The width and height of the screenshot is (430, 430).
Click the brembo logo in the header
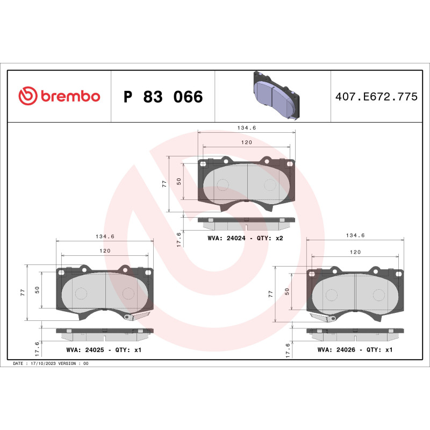point(59,96)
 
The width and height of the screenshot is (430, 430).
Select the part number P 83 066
point(163,97)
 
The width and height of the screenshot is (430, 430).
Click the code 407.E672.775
point(376,97)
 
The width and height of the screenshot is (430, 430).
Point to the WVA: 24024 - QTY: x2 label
point(245,238)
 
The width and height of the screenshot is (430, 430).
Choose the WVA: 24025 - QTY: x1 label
point(103,349)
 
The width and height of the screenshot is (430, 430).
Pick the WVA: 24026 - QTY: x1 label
point(355,349)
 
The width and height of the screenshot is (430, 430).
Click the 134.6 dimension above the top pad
point(246,128)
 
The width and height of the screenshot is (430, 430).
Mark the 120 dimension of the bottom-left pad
point(104,251)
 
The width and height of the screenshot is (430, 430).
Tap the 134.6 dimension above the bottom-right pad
point(355,235)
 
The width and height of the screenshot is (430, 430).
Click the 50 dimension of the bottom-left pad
point(37,289)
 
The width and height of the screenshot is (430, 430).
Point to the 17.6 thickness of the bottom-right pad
point(288,350)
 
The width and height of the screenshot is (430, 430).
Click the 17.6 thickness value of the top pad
point(180,238)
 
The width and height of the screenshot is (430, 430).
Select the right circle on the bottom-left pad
point(128,293)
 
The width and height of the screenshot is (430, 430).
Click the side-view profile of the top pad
point(246,220)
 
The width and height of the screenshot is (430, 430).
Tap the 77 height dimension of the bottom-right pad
point(271,293)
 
